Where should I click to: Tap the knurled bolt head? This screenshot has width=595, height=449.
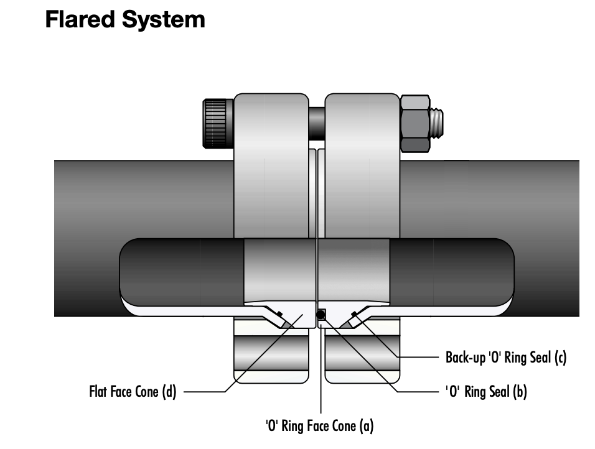pos(217,122)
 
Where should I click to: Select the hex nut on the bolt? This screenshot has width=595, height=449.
pos(414,123)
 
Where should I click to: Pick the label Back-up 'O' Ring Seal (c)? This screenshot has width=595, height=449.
pos(505,358)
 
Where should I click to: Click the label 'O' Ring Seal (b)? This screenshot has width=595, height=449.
pos(487,392)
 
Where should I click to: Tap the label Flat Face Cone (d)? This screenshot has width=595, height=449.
pos(133,392)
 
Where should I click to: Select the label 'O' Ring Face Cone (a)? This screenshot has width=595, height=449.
pos(319,426)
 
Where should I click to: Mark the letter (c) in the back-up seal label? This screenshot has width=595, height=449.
pos(560,358)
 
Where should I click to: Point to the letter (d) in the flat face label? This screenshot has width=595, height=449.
pos(169,392)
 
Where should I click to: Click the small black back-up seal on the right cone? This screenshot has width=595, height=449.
pos(354,313)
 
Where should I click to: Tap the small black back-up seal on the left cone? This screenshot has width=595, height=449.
pos(279,313)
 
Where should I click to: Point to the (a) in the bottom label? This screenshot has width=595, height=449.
pos(367,426)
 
